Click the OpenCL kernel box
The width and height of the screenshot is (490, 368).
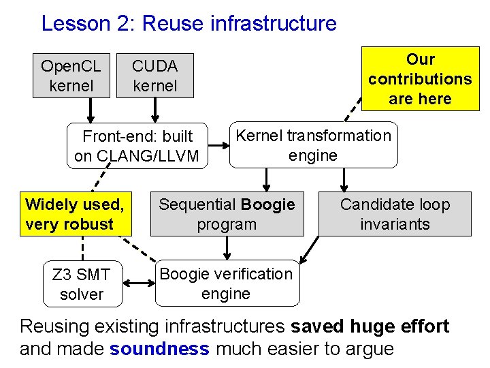click(x=71, y=76)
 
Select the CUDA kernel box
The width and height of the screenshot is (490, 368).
click(x=155, y=76)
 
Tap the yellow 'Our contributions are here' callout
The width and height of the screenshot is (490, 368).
click(x=420, y=79)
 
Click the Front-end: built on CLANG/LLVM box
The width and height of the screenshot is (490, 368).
click(x=137, y=146)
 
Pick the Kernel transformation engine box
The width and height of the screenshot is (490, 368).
click(x=313, y=146)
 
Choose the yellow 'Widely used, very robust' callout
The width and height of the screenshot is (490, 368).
click(x=74, y=214)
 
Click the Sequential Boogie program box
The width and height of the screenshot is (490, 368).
click(x=227, y=214)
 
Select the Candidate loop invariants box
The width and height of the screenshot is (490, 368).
click(x=395, y=214)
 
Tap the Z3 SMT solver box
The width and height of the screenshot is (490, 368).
click(x=82, y=284)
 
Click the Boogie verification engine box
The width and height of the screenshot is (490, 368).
click(x=226, y=284)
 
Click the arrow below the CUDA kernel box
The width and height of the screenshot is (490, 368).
click(x=155, y=110)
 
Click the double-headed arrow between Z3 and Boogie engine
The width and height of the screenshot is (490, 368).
click(x=139, y=283)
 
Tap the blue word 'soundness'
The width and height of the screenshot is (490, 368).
click(x=159, y=349)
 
